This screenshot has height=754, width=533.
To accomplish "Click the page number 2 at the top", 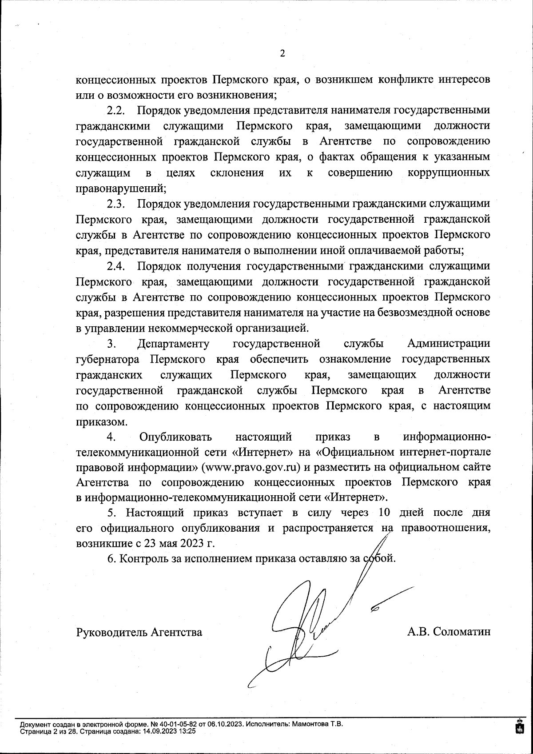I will point(282,54).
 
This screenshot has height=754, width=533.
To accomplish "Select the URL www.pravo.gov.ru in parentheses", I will point(251,468).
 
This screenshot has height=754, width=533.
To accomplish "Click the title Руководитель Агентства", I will point(139,632).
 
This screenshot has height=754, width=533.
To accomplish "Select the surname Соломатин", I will point(462,632).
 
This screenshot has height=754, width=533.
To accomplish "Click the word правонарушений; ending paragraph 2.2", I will point(121,188).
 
